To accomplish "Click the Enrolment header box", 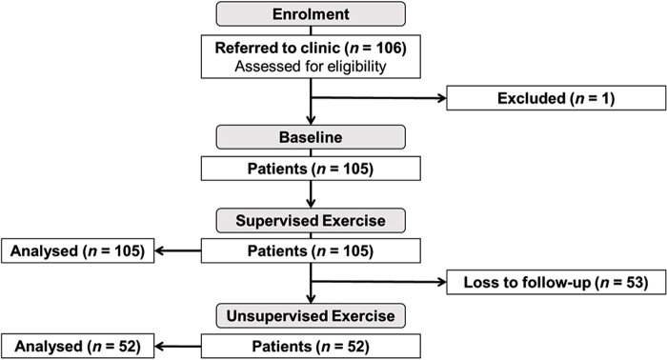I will [x=312, y=14].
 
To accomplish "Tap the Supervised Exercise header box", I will [x=312, y=222].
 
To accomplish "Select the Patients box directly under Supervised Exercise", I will [x=312, y=252].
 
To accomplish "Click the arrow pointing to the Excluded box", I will [x=381, y=97].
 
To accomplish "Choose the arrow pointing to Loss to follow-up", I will [x=381, y=281].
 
